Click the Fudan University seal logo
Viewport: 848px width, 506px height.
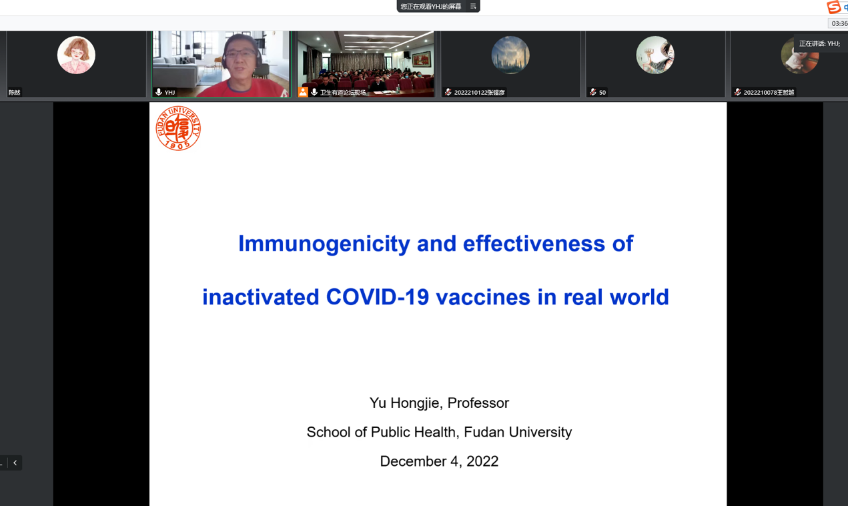(178, 128)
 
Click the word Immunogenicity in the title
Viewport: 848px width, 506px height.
(324, 244)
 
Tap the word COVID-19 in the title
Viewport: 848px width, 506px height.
(378, 297)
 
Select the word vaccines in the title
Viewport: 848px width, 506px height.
(483, 297)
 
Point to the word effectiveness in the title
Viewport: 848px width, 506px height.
(534, 243)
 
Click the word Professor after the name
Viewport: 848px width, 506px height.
(478, 403)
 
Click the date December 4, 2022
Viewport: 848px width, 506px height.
(439, 461)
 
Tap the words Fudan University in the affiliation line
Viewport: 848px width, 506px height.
(518, 433)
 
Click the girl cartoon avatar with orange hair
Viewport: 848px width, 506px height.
(76, 55)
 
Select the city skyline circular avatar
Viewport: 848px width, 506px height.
(510, 55)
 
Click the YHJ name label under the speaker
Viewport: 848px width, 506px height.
(169, 92)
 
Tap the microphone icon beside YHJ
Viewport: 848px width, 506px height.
(159, 92)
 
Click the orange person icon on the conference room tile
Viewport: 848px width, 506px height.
(303, 92)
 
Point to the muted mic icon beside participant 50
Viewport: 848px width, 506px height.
(593, 92)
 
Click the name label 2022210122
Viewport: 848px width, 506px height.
(479, 92)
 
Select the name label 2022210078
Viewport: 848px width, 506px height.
(769, 92)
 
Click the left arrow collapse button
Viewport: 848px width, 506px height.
(15, 463)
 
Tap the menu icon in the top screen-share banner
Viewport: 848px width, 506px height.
(473, 6)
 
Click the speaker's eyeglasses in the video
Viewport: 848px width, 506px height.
(240, 53)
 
